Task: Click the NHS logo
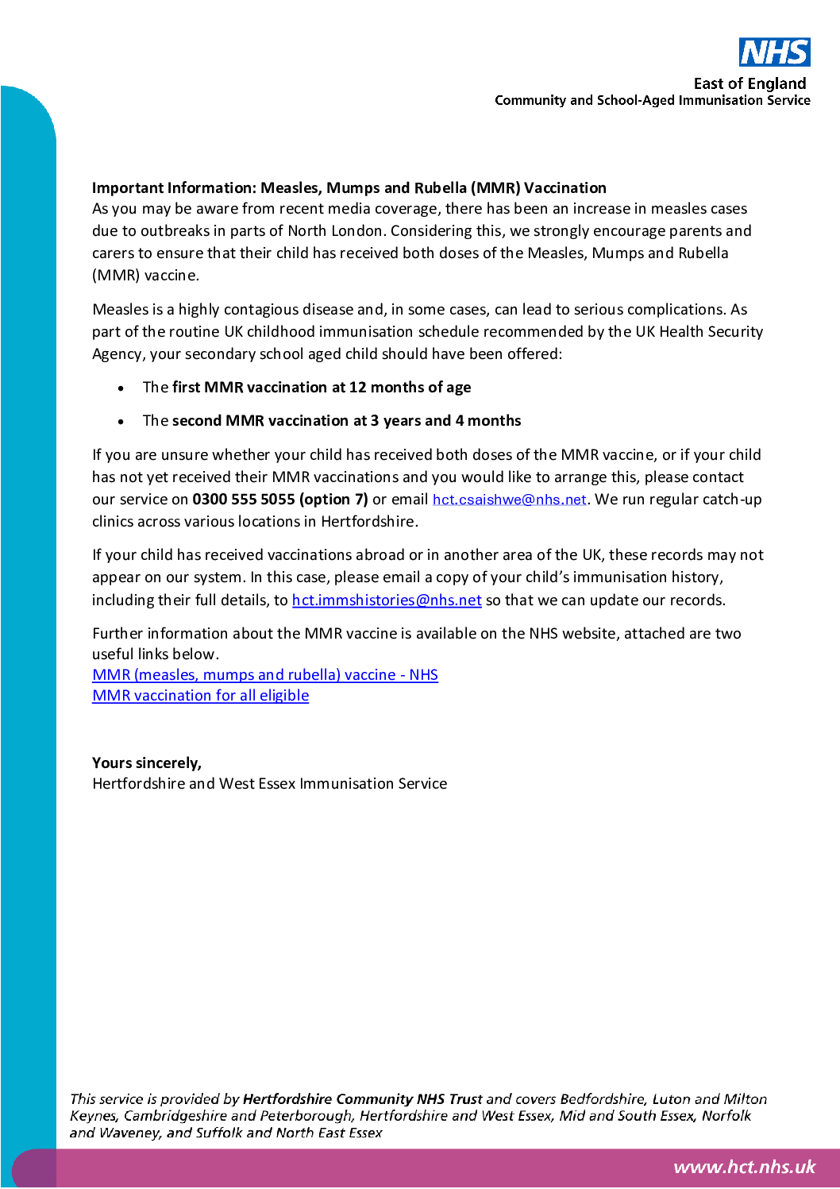(774, 52)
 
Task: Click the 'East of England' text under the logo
(749, 83)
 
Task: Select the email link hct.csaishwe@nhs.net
(509, 500)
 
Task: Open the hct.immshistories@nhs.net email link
(387, 600)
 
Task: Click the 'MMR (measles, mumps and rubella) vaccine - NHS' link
(264, 675)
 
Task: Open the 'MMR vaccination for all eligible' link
(200, 696)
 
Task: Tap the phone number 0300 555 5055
(244, 500)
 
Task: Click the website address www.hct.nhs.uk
(744, 1167)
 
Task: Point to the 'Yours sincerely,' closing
(147, 763)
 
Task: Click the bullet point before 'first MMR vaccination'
(121, 388)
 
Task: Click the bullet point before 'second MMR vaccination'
(121, 422)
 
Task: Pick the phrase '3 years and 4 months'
(445, 421)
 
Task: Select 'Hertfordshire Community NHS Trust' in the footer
(362, 1099)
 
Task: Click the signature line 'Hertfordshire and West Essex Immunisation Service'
(269, 784)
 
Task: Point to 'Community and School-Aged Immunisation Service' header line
(652, 100)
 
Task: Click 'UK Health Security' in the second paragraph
(699, 332)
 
